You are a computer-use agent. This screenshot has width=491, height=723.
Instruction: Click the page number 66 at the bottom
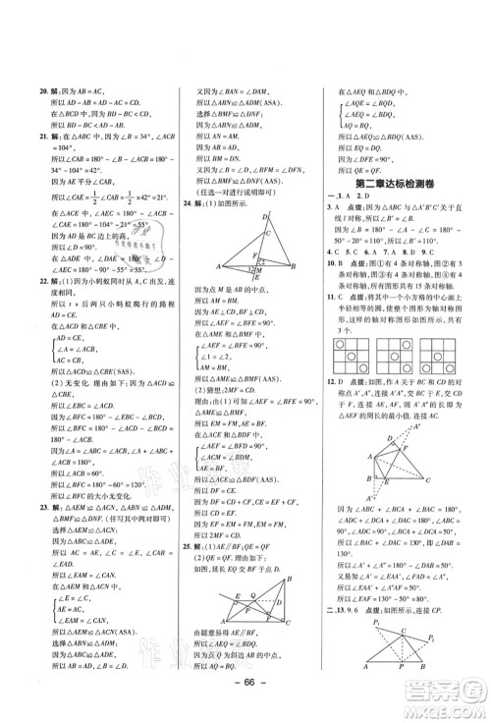click(245, 701)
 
